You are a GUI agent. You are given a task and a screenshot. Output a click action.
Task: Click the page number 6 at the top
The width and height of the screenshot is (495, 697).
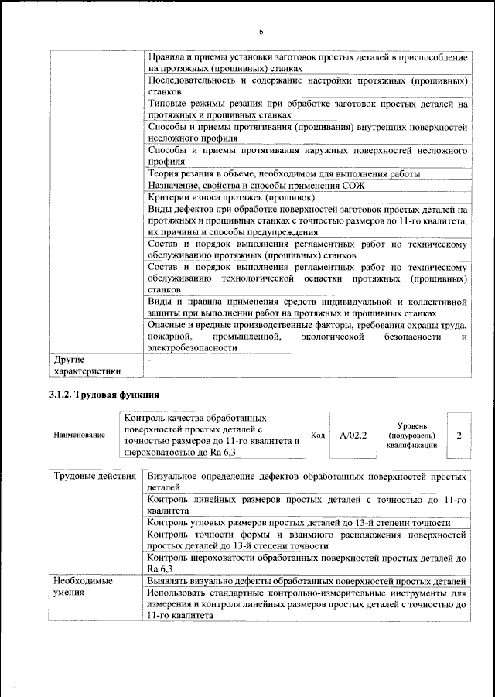tap(261, 32)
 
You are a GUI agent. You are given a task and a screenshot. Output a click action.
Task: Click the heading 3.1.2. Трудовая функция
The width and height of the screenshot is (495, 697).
tap(100, 395)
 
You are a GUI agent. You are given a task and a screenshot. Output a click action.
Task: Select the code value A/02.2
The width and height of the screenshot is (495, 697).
tap(352, 436)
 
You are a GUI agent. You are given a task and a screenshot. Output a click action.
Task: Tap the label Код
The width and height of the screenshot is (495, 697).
tap(317, 436)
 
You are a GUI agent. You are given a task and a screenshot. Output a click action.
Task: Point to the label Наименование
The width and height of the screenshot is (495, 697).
tap(79, 436)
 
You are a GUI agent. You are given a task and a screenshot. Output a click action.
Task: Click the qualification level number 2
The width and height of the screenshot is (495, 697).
tap(459, 436)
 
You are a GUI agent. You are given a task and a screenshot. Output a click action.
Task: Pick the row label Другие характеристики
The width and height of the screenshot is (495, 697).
tap(87, 366)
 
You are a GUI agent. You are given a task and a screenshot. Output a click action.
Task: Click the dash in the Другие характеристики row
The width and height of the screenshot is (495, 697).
tap(150, 360)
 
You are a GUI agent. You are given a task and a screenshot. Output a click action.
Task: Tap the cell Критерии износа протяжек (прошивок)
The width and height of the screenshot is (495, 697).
tap(224, 197)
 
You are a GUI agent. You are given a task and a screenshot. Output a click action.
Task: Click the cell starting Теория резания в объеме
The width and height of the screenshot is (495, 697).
tap(283, 174)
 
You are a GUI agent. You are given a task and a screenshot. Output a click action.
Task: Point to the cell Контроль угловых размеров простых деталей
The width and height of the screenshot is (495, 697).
tap(299, 522)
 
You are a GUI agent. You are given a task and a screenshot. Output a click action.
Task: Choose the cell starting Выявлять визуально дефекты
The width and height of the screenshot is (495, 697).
tap(306, 581)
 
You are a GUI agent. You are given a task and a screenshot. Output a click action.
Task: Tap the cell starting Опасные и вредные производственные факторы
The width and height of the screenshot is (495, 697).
tap(306, 337)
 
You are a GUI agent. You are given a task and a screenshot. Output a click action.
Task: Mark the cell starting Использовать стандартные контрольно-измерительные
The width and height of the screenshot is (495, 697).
tap(306, 605)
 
